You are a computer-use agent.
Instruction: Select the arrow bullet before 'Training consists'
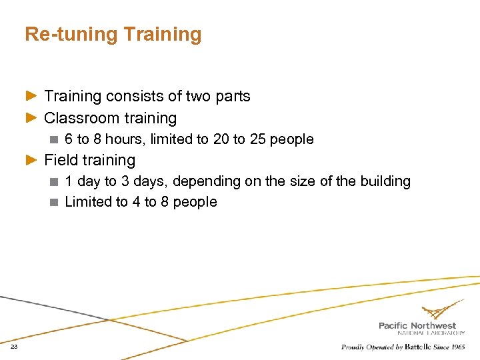pos(32,97)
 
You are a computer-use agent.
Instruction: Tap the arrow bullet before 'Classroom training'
pos(32,119)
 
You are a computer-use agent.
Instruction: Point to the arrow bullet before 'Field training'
pos(32,161)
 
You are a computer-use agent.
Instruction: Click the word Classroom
pos(80,119)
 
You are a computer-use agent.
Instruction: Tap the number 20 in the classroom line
pos(221,139)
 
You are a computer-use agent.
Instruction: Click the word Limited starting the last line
pos(87,202)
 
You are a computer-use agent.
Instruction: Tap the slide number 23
pos(13,347)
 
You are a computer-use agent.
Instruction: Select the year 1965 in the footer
pos(457,347)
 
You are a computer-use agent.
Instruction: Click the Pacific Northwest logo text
pos(417,326)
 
